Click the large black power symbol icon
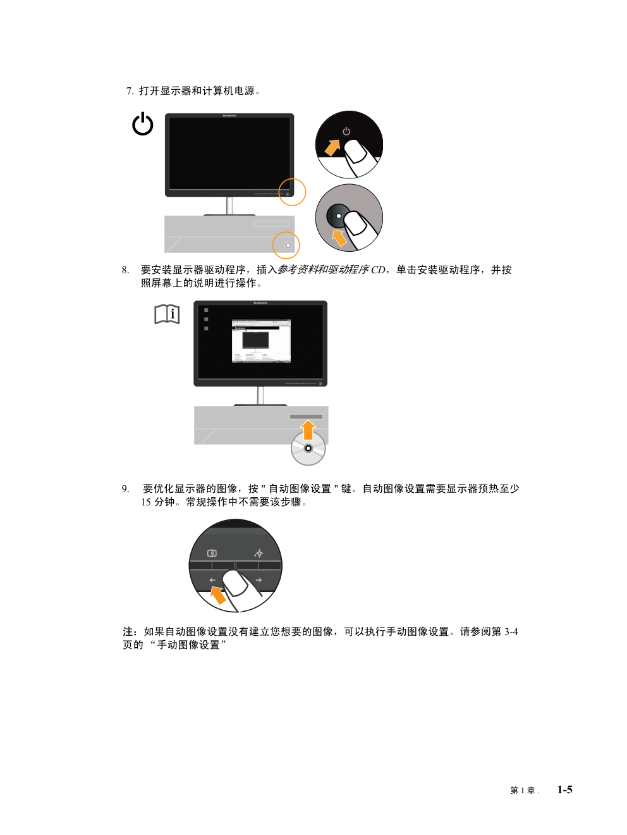[142, 123]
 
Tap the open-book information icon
[167, 314]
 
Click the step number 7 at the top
[130, 91]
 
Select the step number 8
[125, 270]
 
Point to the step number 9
[125, 489]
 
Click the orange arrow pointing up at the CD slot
[308, 430]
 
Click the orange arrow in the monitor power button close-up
[332, 147]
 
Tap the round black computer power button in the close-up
[338, 216]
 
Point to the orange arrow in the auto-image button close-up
[218, 595]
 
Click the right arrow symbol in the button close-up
[259, 580]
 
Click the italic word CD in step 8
[378, 270]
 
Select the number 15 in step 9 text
[146, 502]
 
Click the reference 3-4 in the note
[511, 632]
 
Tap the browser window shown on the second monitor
[261, 341]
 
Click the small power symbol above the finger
[346, 131]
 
